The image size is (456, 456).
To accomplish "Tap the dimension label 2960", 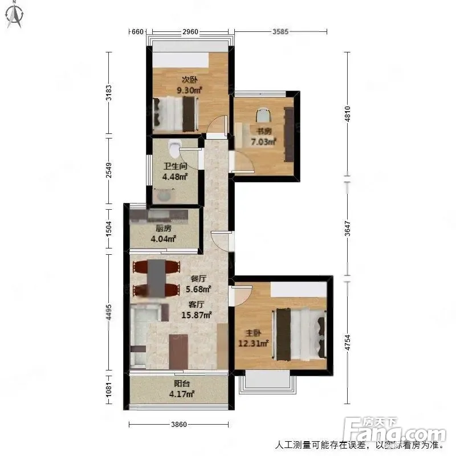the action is pyautogui.click(x=190, y=31).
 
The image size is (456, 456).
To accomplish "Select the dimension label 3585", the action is pyautogui.click(x=280, y=31).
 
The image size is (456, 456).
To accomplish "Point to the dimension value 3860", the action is pyautogui.click(x=179, y=424).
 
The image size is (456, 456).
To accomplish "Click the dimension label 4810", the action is pyautogui.click(x=347, y=113).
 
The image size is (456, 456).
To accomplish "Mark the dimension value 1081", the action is pyautogui.click(x=108, y=389).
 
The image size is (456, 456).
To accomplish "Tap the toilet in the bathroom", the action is pyautogui.click(x=174, y=147).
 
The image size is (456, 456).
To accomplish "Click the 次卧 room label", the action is pyautogui.click(x=189, y=79).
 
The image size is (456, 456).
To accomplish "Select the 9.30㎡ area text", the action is pyautogui.click(x=189, y=90).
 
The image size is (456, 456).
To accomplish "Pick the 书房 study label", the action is pyautogui.click(x=264, y=131).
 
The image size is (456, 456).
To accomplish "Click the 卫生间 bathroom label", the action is pyautogui.click(x=175, y=166).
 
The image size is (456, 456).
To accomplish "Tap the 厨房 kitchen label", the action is pyautogui.click(x=164, y=229).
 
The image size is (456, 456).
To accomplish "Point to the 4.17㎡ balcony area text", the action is pyautogui.click(x=182, y=394).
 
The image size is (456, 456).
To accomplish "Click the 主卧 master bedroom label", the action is pyautogui.click(x=253, y=333).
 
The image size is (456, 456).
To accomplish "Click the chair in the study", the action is pyautogui.click(x=264, y=115).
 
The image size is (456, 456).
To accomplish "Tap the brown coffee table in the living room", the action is pyautogui.click(x=178, y=352).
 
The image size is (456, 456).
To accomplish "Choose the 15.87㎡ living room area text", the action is pyautogui.click(x=196, y=315).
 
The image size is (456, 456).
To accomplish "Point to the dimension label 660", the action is pyautogui.click(x=137, y=31).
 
